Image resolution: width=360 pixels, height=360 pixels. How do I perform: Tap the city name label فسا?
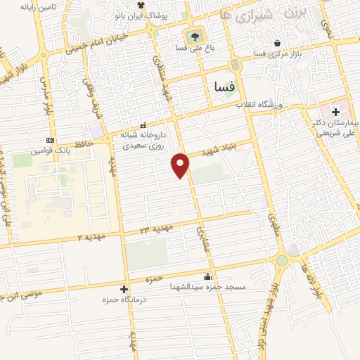point(224,86)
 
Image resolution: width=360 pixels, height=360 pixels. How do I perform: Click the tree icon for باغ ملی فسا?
point(192,36)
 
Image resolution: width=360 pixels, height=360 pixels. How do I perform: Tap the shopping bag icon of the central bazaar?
point(279,43)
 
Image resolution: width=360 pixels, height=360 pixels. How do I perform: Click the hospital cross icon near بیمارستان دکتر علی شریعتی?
point(336,112)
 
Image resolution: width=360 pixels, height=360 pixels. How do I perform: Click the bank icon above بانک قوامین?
point(49,139)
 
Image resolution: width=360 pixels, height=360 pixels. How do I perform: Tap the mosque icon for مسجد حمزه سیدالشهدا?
point(206,276)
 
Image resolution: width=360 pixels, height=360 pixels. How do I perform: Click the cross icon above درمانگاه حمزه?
point(124,289)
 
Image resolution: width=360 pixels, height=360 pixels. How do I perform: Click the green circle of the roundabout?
point(281,260)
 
